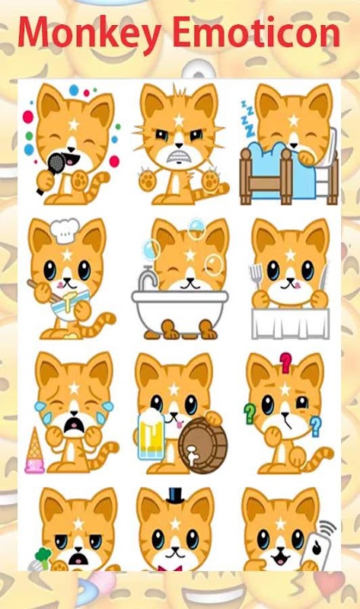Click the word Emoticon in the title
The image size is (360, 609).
(256, 32)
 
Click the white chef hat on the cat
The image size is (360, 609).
(65, 231)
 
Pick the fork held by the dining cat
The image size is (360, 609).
(256, 276)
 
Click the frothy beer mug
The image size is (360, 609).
(151, 434)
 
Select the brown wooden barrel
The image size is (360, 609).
(202, 445)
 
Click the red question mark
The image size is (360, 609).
(286, 362)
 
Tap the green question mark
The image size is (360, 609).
(250, 413)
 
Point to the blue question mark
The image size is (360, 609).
(315, 426)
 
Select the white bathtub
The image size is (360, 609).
(180, 310)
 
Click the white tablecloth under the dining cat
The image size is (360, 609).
(291, 323)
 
